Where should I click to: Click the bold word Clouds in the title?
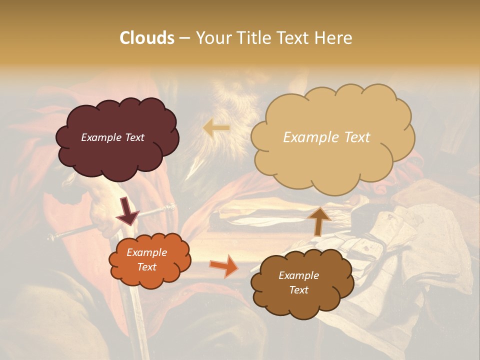coord(147,38)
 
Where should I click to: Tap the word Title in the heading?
coord(249,38)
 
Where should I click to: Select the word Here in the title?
coord(335,38)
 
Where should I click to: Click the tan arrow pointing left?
coord(216,128)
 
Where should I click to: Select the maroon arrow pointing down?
coord(128,210)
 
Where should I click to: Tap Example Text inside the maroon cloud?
coord(112,137)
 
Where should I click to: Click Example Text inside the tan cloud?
coord(326,137)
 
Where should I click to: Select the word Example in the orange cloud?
coord(146,252)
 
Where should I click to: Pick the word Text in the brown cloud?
coord(298,290)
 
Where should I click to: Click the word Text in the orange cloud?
coord(146,267)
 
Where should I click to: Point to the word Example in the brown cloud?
coord(298,275)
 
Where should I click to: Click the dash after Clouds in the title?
coord(184,38)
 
